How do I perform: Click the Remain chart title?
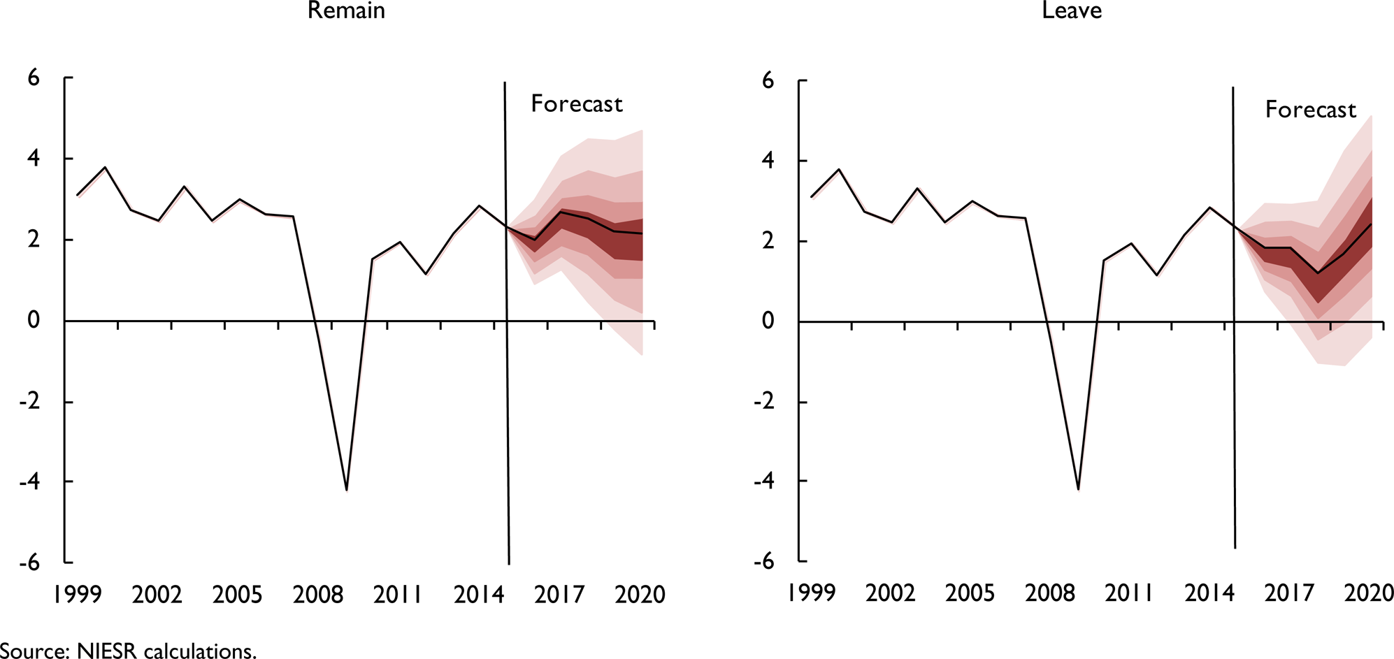click(346, 10)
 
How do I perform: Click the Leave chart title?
click(1072, 10)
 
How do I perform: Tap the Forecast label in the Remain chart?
click(576, 104)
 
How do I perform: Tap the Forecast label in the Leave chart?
click(1310, 110)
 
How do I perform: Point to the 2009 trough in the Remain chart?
click(347, 490)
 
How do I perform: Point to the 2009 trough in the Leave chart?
click(1078, 488)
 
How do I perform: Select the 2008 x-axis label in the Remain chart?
click(317, 595)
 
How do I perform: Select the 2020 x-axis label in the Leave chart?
click(1369, 593)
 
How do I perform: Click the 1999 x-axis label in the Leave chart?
click(811, 593)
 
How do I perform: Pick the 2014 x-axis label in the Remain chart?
click(478, 595)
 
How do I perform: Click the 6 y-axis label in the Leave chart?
click(768, 81)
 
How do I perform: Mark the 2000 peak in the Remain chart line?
click(105, 168)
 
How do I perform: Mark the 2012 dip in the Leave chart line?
click(1157, 275)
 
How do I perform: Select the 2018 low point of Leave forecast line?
click(1318, 273)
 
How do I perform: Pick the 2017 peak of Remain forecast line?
click(561, 212)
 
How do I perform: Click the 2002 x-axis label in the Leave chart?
click(890, 593)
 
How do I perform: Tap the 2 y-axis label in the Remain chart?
click(34, 240)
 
